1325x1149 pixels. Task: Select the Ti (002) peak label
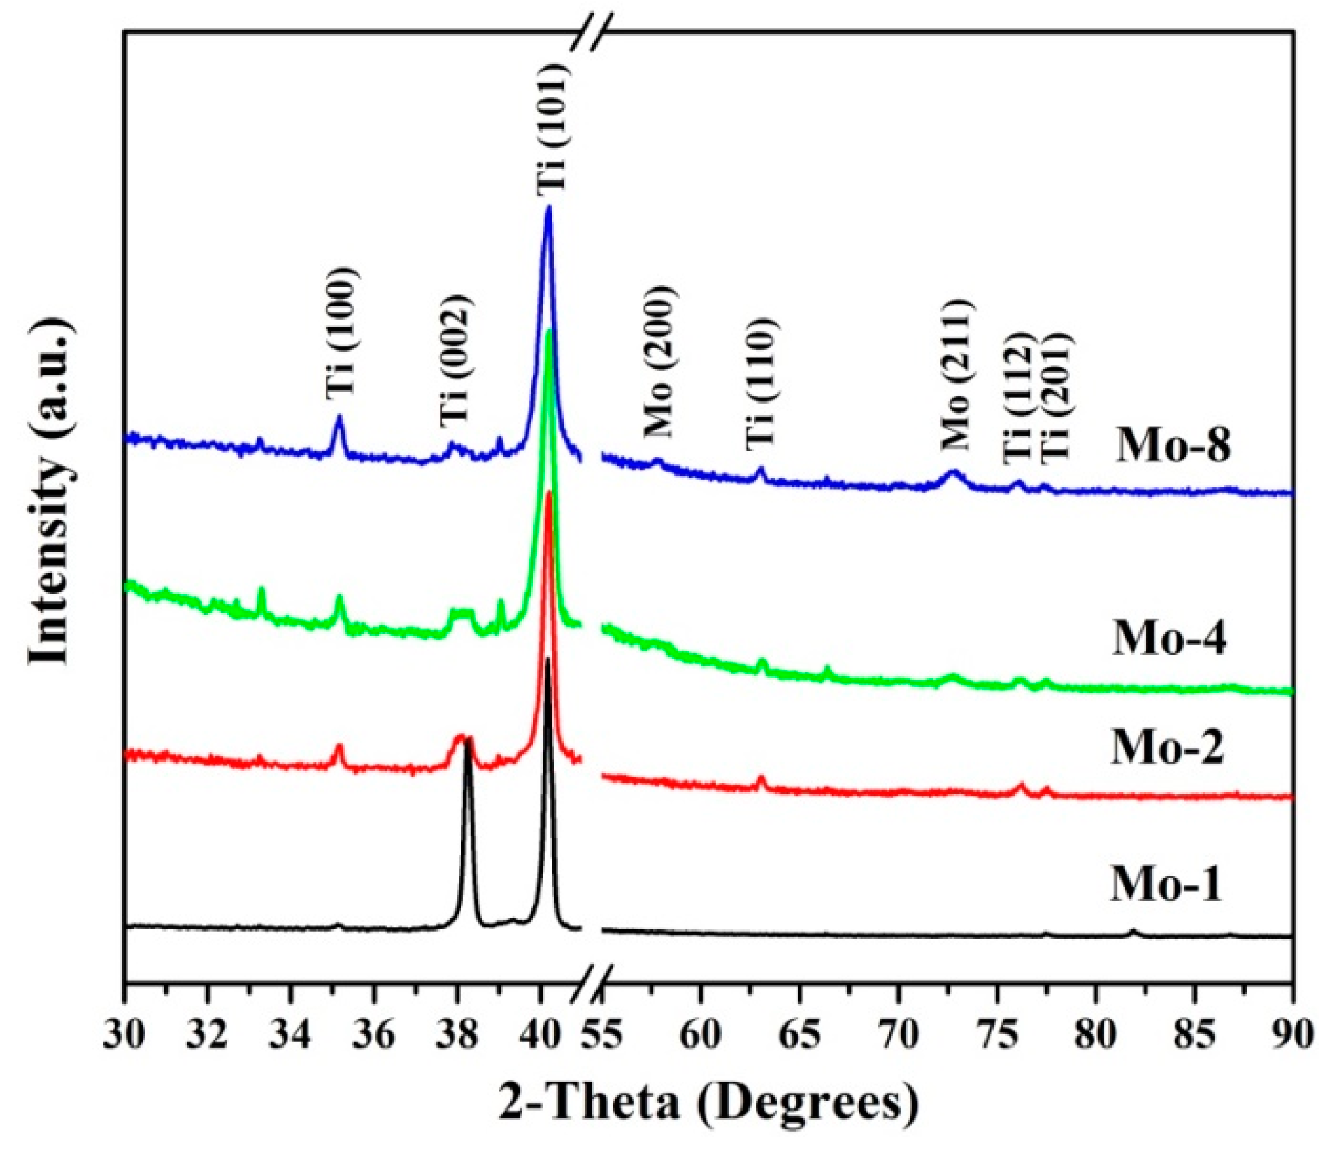point(456,361)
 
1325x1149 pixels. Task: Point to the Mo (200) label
point(660,362)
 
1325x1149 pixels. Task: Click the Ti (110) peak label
point(761,383)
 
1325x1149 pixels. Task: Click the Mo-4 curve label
point(1169,638)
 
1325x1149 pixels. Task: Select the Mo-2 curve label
point(1168,747)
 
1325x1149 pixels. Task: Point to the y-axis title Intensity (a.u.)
point(50,491)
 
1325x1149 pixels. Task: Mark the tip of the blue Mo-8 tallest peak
point(549,207)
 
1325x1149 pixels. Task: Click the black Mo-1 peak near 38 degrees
point(468,738)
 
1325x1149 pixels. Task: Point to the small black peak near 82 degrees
point(1133,931)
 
